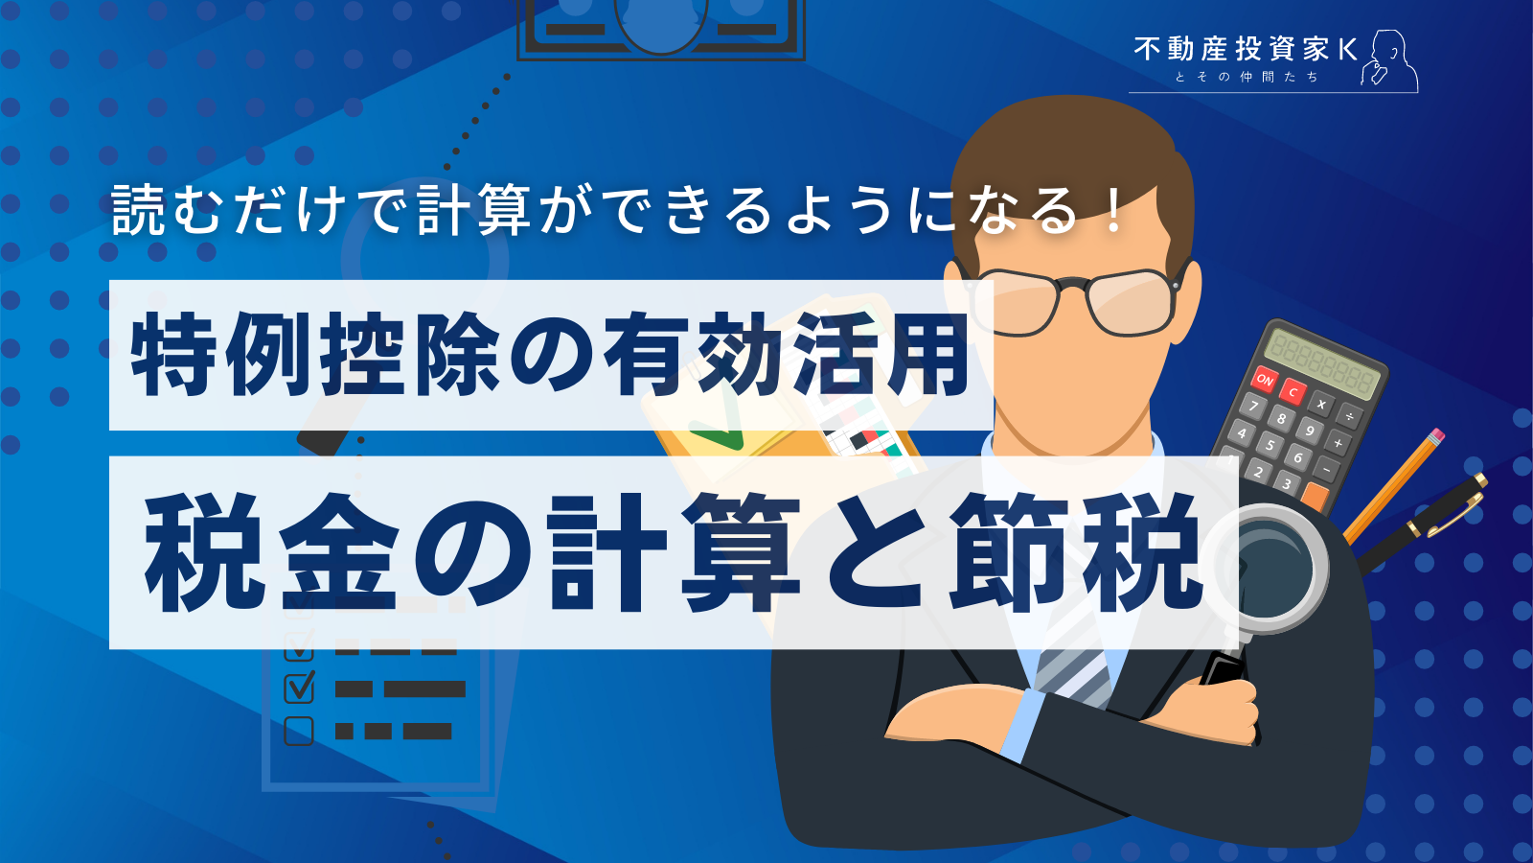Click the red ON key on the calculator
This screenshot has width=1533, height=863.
1265,380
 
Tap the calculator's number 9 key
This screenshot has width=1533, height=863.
1310,431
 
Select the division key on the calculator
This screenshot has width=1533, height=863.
1349,416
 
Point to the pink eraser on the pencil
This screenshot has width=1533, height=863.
1435,437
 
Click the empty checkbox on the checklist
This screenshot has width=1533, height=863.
299,731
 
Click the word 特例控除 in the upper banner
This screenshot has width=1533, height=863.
316,356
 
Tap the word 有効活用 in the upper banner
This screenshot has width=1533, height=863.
786,356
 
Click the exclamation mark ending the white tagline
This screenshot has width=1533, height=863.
1112,210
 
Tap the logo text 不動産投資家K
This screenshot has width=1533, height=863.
1246,50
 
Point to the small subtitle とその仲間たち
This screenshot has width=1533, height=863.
1247,77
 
